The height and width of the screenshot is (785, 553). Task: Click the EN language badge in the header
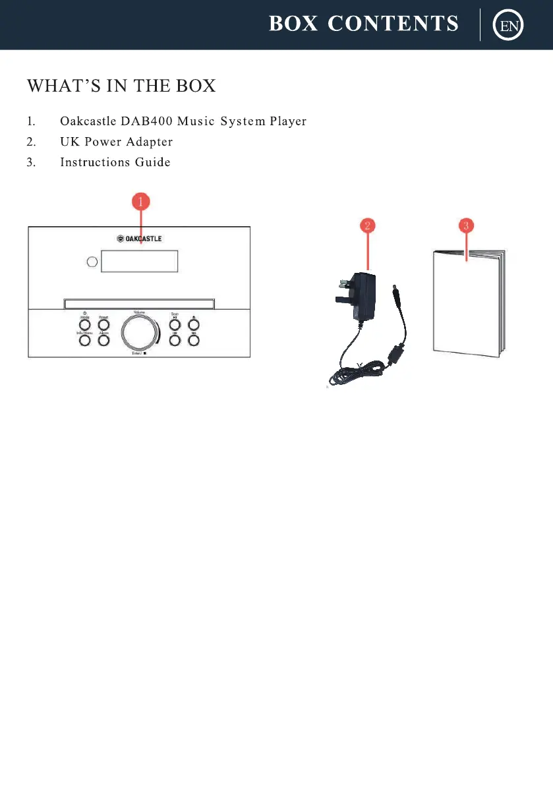pos(509,26)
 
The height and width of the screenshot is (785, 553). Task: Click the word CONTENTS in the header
pos(393,24)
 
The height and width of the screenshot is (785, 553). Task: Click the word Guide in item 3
pos(153,162)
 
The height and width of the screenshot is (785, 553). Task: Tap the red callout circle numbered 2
pos(368,225)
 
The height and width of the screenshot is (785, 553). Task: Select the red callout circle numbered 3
pos(467,225)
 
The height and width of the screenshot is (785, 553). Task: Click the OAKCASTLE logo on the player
pos(140,239)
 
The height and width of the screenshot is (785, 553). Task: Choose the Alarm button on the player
pos(103,341)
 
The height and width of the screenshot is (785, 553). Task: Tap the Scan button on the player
pos(175,324)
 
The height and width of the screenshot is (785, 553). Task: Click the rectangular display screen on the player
pos(140,262)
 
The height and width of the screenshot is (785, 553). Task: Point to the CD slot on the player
pos(139,304)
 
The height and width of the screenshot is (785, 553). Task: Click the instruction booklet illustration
pos(468,303)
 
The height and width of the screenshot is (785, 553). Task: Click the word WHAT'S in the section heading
pos(53,86)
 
